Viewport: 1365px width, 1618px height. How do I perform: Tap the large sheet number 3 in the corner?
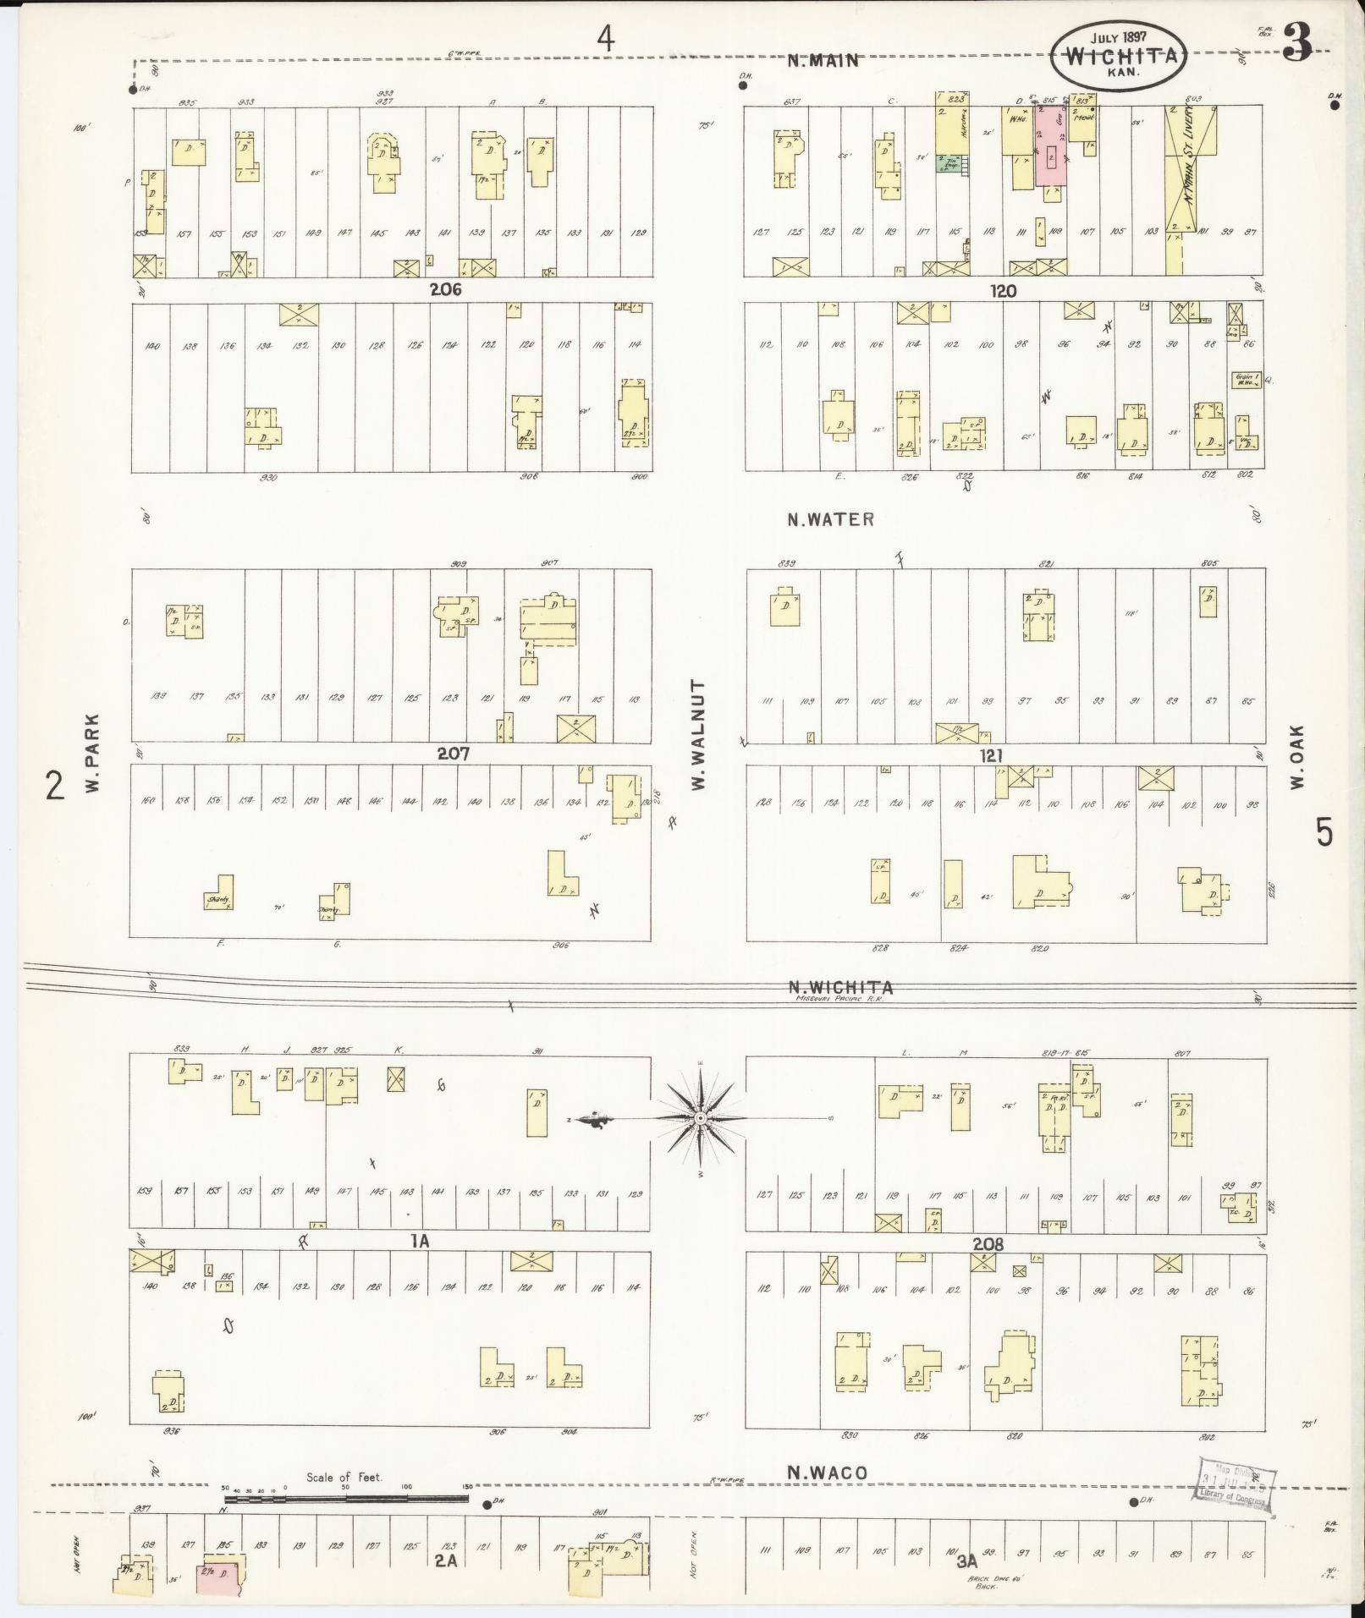(1296, 43)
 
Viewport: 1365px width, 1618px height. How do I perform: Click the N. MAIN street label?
(823, 60)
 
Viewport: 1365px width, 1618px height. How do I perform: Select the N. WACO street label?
(827, 1473)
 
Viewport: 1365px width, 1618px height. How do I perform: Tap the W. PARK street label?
(92, 753)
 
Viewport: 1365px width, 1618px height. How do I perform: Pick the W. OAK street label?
(1297, 756)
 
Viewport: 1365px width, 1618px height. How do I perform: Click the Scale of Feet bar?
(345, 1498)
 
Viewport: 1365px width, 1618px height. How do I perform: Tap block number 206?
(446, 289)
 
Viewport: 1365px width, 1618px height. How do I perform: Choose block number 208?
(988, 1244)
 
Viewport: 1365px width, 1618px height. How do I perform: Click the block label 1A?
(421, 1241)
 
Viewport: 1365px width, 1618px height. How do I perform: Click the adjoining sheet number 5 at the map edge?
(1324, 833)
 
